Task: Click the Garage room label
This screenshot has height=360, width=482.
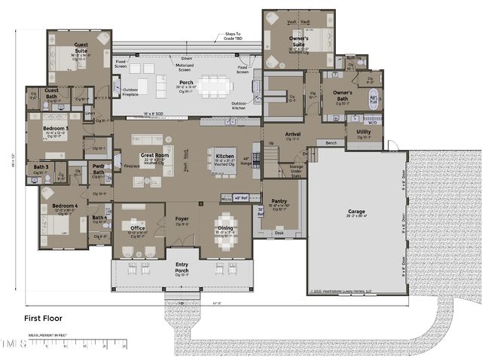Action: pos(356,212)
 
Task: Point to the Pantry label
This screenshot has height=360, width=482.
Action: pos(279,201)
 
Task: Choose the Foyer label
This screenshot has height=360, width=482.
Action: pos(182,220)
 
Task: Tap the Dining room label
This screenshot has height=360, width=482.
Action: pos(225,228)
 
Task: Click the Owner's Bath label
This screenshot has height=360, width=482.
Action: pos(337,96)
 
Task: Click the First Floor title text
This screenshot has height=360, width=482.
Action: pos(42,319)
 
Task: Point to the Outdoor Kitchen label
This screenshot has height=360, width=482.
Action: pos(240,105)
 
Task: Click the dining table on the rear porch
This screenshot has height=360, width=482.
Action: pos(216,85)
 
